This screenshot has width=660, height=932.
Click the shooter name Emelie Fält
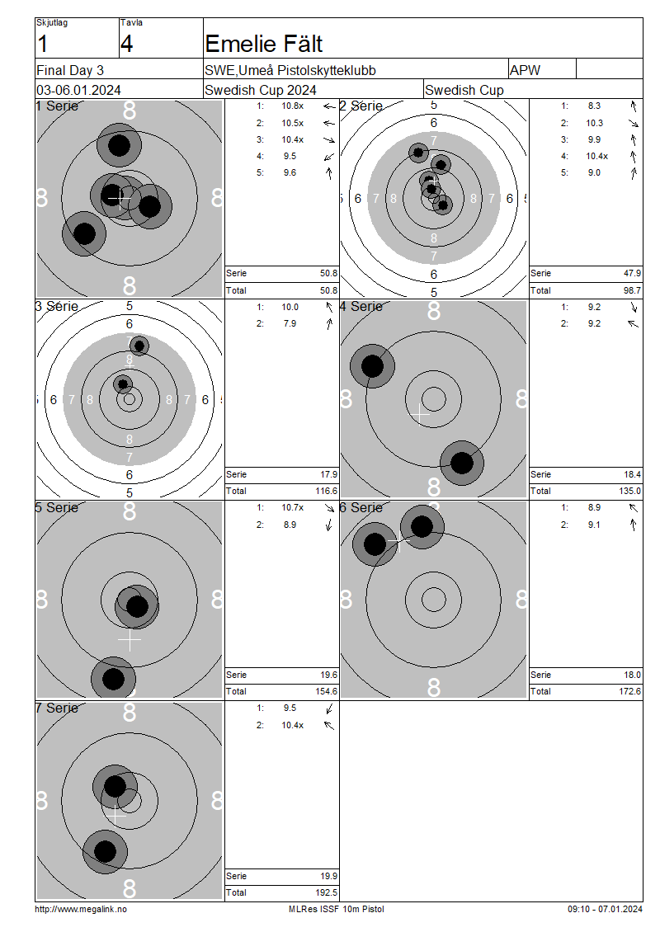click(263, 44)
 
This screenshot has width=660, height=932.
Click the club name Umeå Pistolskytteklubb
click(307, 71)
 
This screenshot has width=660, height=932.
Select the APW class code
click(525, 70)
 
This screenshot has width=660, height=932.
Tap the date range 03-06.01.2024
click(78, 91)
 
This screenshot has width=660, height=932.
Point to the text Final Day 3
click(70, 71)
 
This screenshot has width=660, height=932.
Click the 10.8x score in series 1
click(293, 106)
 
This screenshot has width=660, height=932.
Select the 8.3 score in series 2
click(595, 106)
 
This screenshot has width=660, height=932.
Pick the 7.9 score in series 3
click(290, 323)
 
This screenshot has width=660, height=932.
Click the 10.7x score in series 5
click(293, 507)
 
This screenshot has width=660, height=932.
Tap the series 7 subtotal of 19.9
click(329, 876)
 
